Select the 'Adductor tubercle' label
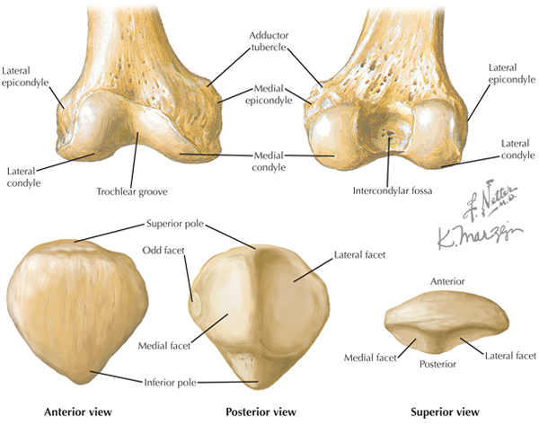[268, 40]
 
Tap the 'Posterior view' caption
[260, 412]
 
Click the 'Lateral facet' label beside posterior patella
[359, 255]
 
